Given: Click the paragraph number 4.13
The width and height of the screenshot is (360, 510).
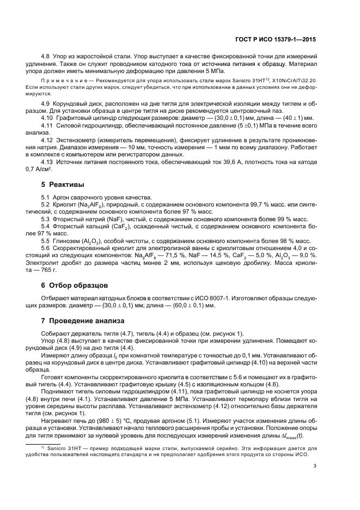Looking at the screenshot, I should (48, 177).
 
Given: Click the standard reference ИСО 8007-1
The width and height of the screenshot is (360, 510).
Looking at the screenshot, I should (215, 298).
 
